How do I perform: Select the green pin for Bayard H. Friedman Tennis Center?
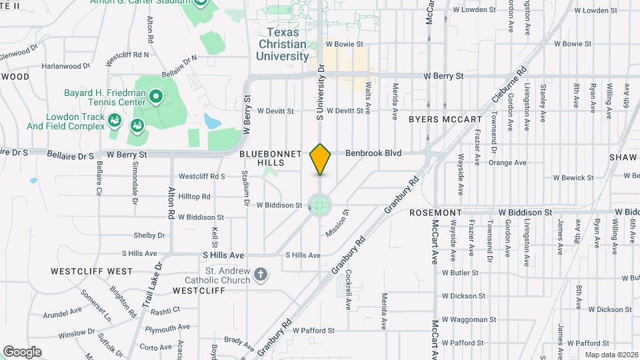156,98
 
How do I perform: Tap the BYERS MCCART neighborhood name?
445,119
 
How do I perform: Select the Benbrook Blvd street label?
373,153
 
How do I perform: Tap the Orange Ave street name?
507,162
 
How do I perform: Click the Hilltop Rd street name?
195,197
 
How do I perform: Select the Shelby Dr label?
149,235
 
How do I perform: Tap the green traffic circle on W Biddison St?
319,204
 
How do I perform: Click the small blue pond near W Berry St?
213,121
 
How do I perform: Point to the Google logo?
22,351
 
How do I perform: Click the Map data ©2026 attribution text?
611,354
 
